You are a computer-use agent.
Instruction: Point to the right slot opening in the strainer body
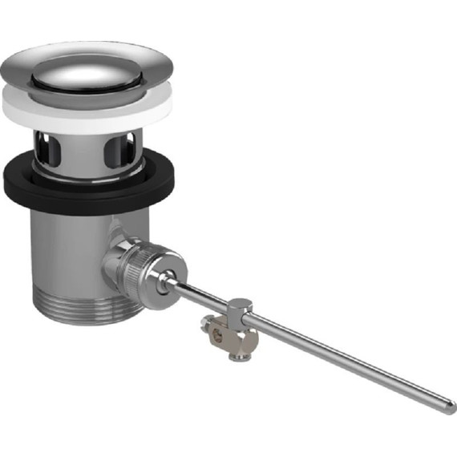pos(126,148)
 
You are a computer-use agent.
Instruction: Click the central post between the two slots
pos(86,152)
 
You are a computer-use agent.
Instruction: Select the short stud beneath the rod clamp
pos(238,351)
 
